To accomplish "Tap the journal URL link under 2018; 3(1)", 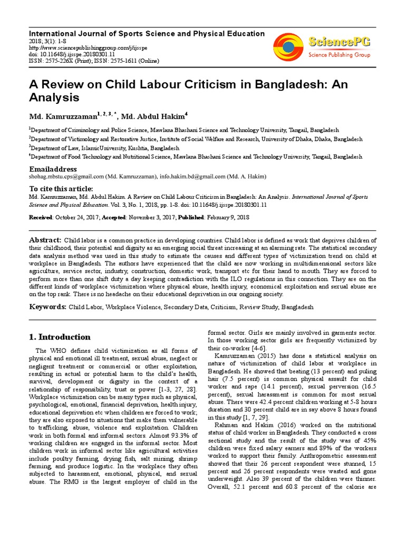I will (79, 46).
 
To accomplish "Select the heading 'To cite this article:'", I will (61, 189).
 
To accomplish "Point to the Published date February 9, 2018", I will (228, 217).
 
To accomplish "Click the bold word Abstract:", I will (45, 240).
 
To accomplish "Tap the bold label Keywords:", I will (47, 306).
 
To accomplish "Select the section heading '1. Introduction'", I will (60, 337).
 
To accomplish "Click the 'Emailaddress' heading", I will (53, 168).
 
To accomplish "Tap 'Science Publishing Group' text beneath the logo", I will (339, 54).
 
